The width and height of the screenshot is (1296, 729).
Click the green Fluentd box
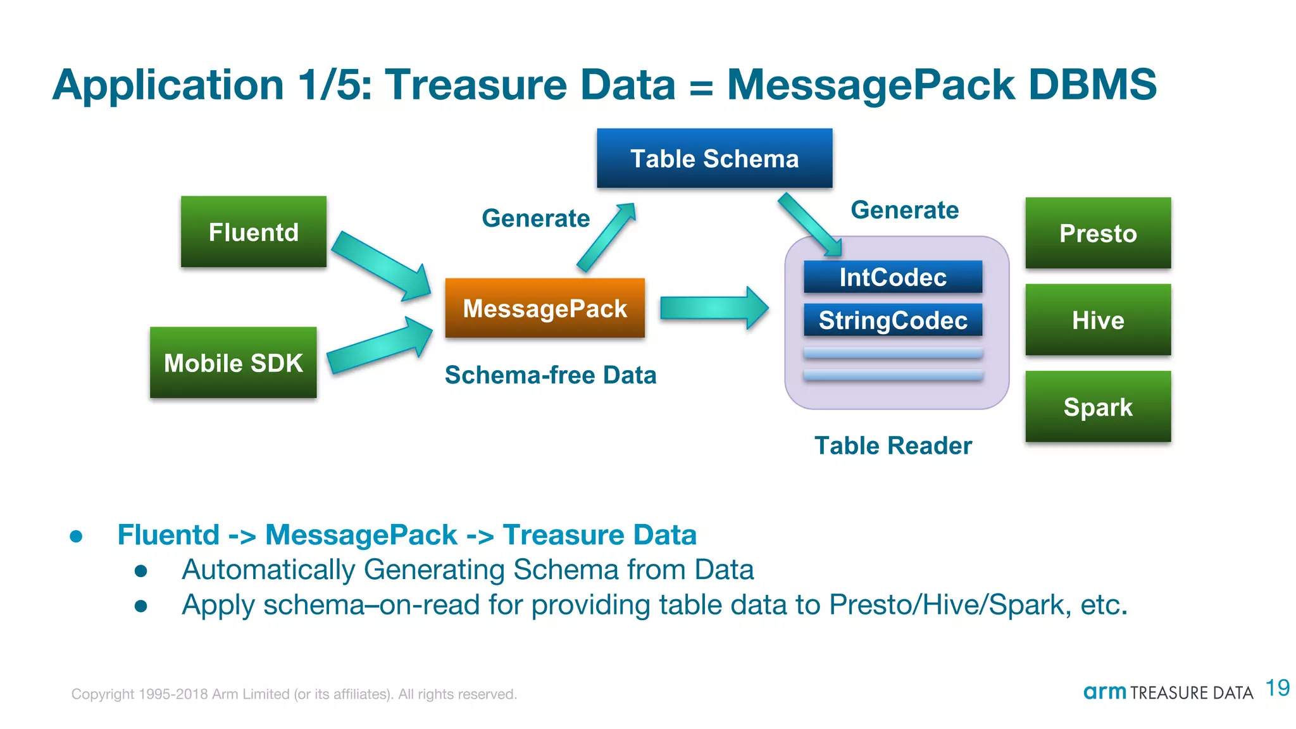253,232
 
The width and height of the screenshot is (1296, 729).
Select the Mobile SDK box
233,363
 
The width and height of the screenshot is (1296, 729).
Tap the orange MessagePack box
545,308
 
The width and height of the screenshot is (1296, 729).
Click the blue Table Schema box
714,158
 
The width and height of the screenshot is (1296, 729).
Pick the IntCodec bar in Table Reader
893,277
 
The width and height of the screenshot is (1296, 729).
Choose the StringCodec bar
893,320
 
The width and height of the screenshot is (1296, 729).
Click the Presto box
1098,233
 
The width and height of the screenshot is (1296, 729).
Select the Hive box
1098,320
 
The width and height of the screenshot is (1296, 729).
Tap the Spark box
1098,406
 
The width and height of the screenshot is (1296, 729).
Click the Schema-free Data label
551,375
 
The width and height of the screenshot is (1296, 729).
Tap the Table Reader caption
893,445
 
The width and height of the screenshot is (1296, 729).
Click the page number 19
1278,688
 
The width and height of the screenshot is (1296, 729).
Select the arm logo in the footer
1104,692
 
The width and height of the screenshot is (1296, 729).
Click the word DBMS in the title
1092,84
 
